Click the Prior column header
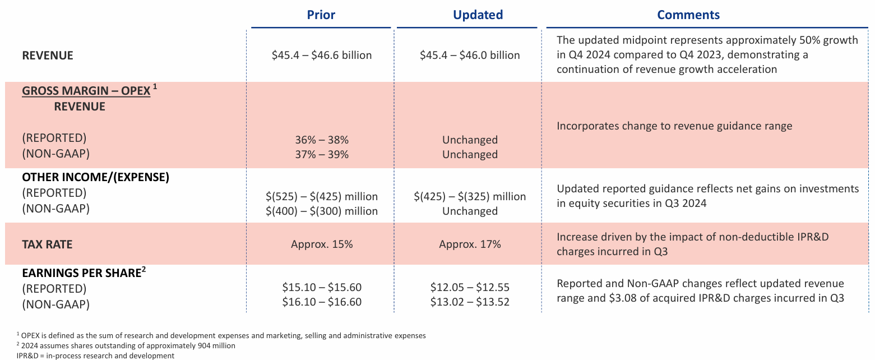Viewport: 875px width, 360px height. coord(321,15)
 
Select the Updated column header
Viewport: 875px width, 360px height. coord(478,15)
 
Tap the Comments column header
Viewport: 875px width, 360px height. coord(688,15)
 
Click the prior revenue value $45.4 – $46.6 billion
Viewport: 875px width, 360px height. coord(322,55)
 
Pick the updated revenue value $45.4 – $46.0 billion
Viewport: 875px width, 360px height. coord(470,55)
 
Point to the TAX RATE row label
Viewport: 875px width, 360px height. coord(47,244)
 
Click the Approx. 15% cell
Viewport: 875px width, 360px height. coord(322,244)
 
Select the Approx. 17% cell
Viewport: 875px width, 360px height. coord(470,244)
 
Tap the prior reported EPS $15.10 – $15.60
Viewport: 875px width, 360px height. coord(322,287)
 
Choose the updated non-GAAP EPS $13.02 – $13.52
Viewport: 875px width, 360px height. coord(470,302)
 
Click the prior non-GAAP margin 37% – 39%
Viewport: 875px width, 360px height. coord(322,154)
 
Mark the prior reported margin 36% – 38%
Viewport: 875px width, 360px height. coord(322,140)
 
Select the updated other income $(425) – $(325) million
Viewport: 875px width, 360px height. coord(470,196)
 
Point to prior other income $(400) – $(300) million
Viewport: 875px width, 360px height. coord(322,211)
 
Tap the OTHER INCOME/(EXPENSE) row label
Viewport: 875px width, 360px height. coord(95,177)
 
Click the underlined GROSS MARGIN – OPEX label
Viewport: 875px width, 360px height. coord(86,91)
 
